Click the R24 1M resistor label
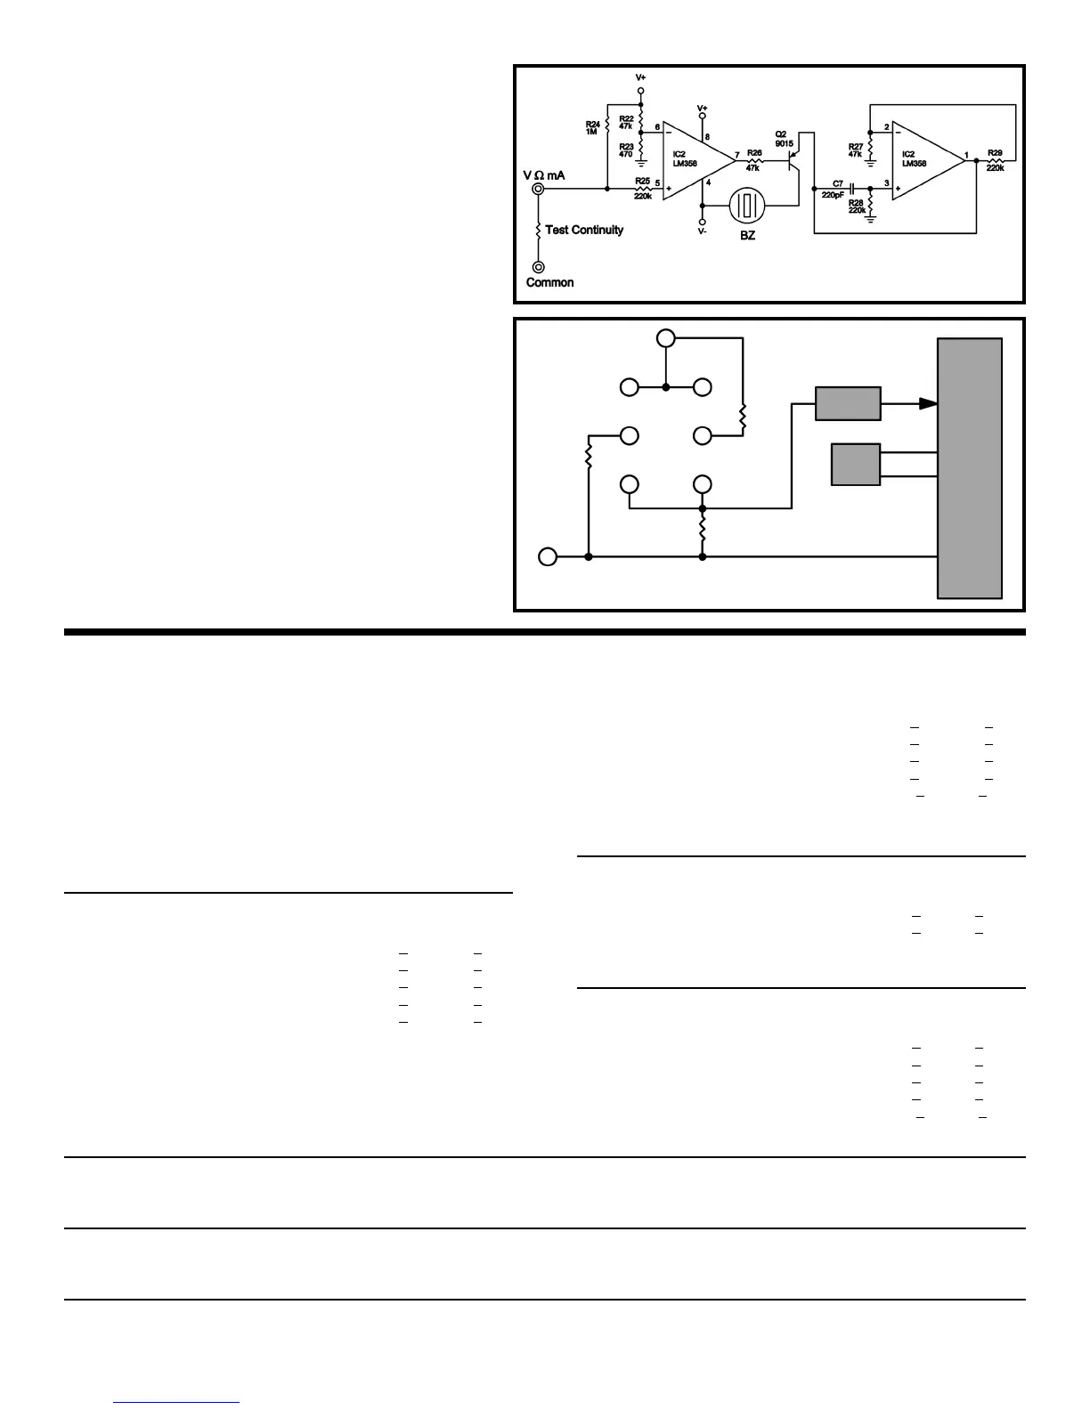(591, 128)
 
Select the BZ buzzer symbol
(747, 207)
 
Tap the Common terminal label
(549, 282)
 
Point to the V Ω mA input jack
(538, 189)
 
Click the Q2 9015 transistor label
(784, 139)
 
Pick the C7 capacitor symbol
(852, 189)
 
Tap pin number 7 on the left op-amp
(737, 154)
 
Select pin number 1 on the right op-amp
(967, 155)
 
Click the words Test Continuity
(584, 230)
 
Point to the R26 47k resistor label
(753, 160)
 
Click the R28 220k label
(857, 207)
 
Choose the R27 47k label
(855, 150)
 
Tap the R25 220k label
(642, 188)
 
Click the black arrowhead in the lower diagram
(927, 403)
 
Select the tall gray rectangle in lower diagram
(970, 468)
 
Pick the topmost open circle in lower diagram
(665, 338)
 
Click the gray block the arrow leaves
(848, 403)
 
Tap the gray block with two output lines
(855, 465)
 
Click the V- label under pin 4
(702, 231)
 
